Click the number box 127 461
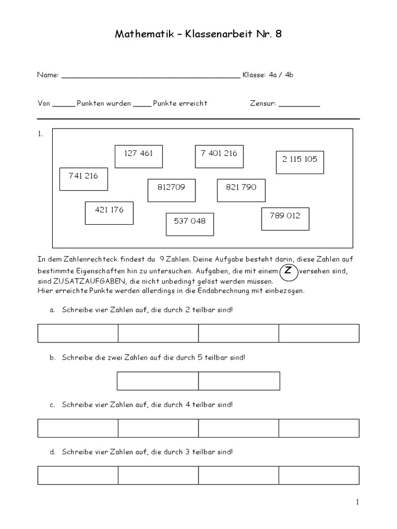click(x=139, y=156)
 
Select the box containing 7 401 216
click(x=219, y=156)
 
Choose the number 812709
click(x=171, y=190)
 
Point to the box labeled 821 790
click(x=241, y=190)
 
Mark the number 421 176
click(x=109, y=213)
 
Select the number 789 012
click(x=285, y=219)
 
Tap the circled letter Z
click(x=288, y=272)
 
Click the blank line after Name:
click(x=150, y=75)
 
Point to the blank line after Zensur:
click(x=299, y=104)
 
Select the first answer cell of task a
click(x=78, y=333)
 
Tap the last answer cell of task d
click(x=319, y=475)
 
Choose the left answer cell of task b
click(x=158, y=381)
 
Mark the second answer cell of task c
click(x=158, y=428)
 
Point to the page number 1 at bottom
click(x=357, y=502)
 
